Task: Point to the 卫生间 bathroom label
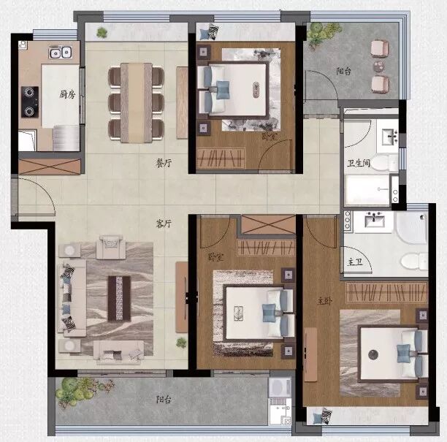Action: pos(359,164)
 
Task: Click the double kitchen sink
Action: pos(59,52)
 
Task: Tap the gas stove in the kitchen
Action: pos(30,102)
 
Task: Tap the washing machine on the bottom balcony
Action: pos(280,395)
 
